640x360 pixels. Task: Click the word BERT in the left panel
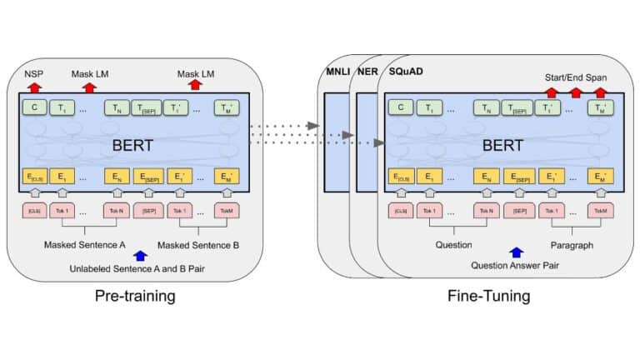pos(132,144)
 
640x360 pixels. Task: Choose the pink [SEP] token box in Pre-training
pos(148,210)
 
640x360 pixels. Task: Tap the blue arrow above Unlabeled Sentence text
pos(140,257)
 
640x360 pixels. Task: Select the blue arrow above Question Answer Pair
pos(517,252)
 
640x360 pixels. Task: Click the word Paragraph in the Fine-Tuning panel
pos(572,245)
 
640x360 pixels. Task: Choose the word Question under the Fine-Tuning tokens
pos(454,245)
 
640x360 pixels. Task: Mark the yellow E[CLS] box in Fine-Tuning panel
pos(403,177)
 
